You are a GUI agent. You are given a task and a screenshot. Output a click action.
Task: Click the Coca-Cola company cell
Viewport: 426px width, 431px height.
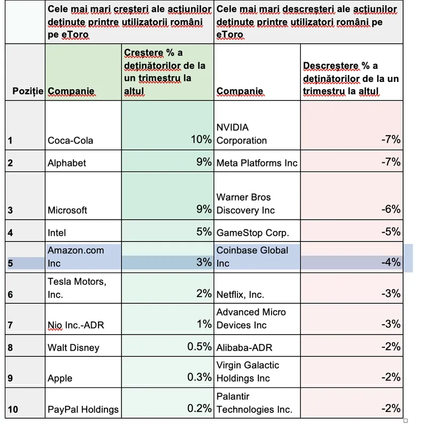point(70,140)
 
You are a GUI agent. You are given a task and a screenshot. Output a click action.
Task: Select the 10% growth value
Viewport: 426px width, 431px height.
point(201,139)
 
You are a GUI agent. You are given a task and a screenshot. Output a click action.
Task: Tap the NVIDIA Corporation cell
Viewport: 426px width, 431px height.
point(241,134)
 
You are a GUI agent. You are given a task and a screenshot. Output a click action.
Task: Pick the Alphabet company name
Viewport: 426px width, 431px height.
point(67,163)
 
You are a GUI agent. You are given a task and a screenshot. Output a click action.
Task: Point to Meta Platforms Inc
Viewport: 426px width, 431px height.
point(257,163)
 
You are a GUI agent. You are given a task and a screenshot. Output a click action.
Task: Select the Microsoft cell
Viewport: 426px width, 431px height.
point(68,210)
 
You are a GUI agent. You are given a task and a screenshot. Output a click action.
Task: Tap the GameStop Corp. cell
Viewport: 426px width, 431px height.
point(252,233)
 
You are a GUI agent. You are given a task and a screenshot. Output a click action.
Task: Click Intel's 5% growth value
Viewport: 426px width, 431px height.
point(203,231)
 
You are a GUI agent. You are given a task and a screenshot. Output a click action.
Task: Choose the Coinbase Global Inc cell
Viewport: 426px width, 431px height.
point(252,256)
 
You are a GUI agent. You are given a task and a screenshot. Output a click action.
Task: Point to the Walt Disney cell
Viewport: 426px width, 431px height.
point(73,347)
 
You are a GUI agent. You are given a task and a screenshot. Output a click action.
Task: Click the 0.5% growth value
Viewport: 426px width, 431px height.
point(199,346)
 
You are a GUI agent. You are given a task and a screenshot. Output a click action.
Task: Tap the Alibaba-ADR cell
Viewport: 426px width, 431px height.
point(244,347)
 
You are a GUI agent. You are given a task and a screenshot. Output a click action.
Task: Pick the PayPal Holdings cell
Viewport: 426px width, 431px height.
point(83,409)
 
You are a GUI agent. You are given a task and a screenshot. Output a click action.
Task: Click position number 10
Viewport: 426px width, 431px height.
point(13,409)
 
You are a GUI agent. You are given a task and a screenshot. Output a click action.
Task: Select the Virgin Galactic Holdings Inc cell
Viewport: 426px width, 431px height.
point(248,371)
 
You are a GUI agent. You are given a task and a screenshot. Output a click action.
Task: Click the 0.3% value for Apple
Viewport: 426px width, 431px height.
point(199,377)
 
